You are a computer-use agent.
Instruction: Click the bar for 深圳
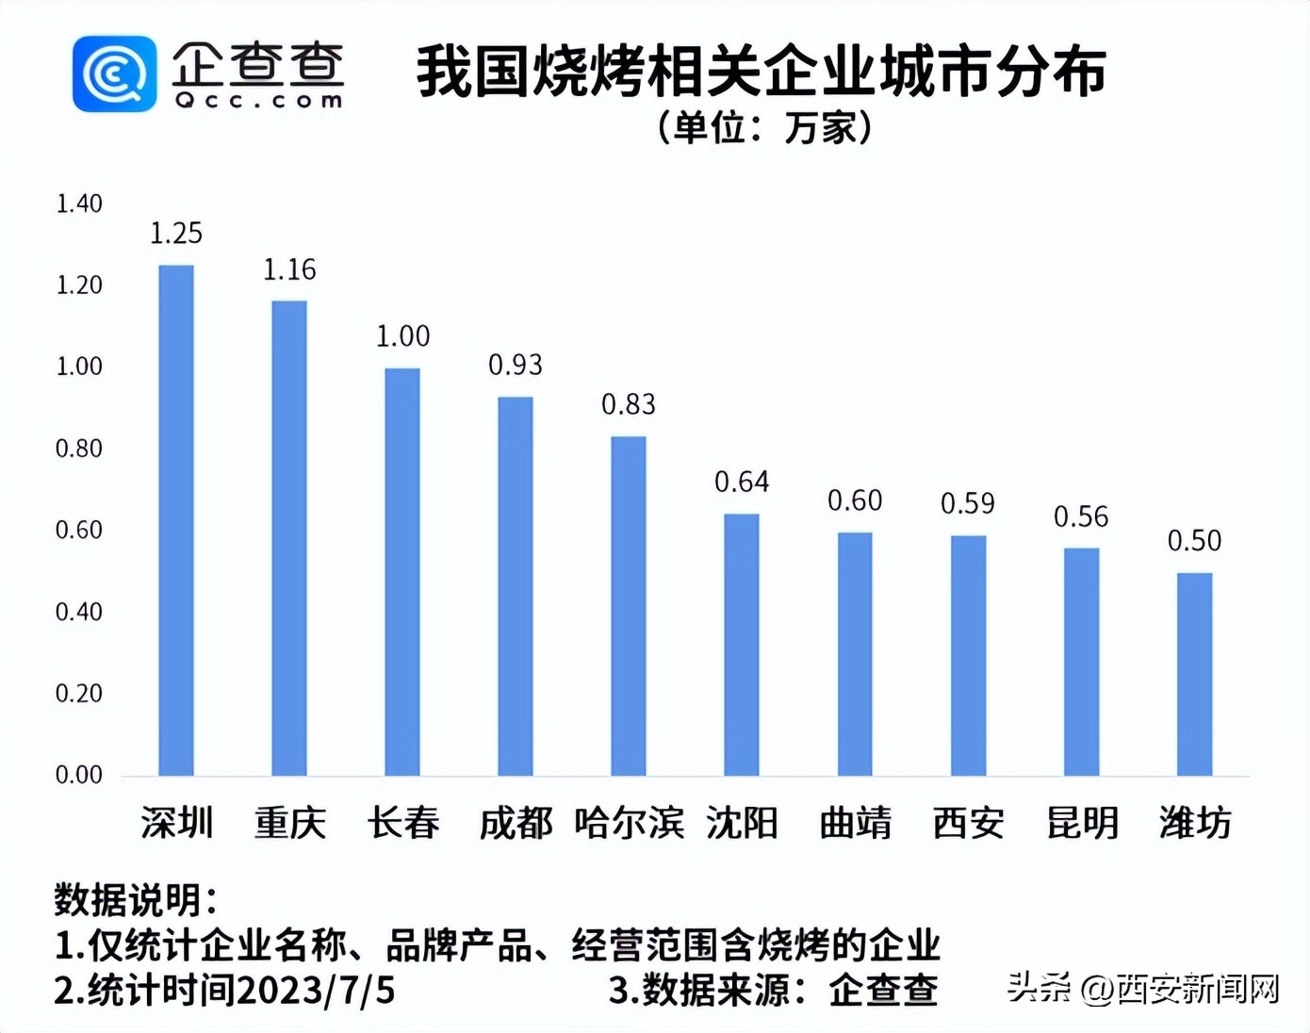[176, 520]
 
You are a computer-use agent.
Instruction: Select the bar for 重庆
[289, 538]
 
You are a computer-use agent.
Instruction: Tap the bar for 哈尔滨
[629, 606]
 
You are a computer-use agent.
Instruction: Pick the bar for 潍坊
[1194, 674]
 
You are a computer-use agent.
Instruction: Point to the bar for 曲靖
[855, 654]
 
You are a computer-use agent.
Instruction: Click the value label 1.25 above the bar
[176, 233]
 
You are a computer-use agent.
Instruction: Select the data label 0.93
[516, 365]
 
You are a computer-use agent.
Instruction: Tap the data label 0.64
[742, 482]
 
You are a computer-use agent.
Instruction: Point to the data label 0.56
[1081, 516]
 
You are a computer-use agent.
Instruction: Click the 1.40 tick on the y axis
[79, 204]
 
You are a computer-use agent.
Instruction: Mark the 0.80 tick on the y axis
[79, 449]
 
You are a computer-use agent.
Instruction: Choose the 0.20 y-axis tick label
[79, 694]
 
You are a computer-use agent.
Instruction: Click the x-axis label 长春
[403, 823]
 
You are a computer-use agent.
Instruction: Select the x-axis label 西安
[968, 823]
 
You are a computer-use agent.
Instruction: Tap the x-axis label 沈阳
[742, 823]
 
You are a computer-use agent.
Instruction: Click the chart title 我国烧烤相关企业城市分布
[761, 72]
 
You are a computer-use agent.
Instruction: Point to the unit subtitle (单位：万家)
[763, 127]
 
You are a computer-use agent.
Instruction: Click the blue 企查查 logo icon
[114, 74]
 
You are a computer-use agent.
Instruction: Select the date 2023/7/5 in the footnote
[316, 991]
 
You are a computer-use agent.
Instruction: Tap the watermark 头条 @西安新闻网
[1143, 988]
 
